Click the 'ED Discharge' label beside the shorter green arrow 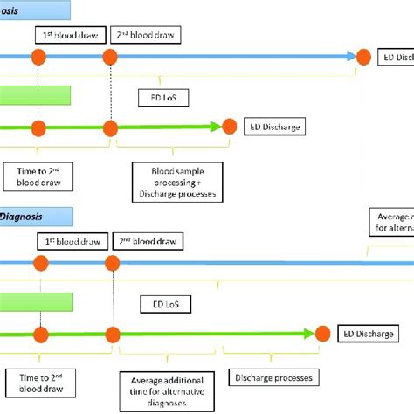pos(273,127)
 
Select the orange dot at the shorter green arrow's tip pos(230,127)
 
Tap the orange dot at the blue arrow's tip pos(363,57)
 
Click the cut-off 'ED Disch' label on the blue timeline pos(395,57)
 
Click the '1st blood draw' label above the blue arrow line pos(70,35)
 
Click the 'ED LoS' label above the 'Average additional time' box pos(165,304)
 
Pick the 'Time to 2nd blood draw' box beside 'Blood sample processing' pos(37,176)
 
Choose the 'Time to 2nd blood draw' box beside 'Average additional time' pos(38,383)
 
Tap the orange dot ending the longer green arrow pos(322,333)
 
